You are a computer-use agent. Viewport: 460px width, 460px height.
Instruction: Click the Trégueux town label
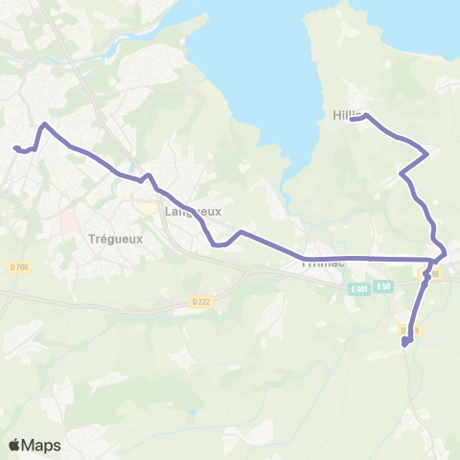pos(115,240)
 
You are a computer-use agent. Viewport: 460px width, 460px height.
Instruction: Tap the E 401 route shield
pos(360,287)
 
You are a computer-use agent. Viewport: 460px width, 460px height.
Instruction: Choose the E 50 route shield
pos(384,287)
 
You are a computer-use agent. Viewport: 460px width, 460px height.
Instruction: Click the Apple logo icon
pos(14,445)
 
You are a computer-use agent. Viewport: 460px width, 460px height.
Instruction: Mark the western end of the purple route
pos(15,147)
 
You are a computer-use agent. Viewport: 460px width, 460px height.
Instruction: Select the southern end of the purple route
pos(405,342)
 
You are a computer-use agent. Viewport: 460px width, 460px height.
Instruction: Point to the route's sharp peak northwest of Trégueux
pos(43,125)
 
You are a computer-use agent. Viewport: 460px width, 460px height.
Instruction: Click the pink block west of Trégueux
pos(70,223)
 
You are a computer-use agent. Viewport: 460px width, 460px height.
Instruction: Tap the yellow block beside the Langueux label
pos(147,207)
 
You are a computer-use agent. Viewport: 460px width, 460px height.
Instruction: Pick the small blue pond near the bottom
pos(195,414)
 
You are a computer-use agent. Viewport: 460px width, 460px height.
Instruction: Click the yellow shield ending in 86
pos(431,275)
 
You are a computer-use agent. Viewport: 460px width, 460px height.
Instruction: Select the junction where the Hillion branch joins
pos(436,259)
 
